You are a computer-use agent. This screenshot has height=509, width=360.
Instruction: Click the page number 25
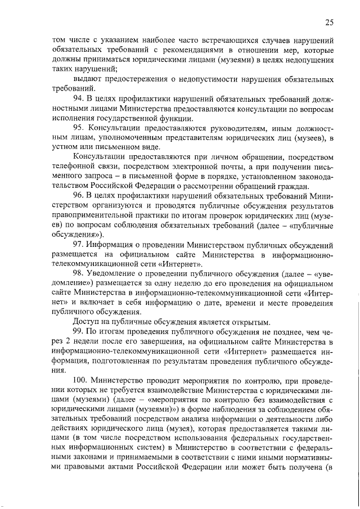(330, 22)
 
